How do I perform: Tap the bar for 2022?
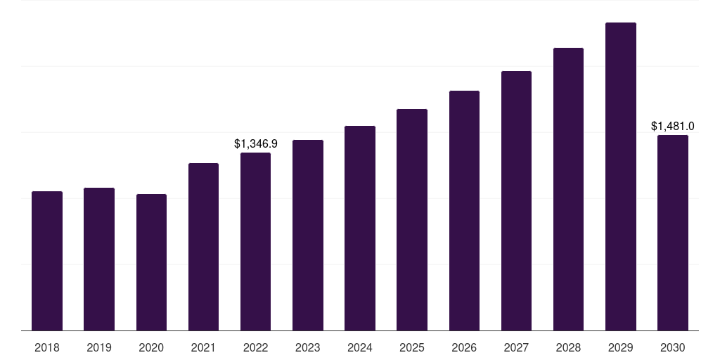tap(255, 241)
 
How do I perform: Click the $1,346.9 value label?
tap(256, 143)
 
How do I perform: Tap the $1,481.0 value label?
tap(673, 127)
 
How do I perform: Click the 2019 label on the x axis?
tap(99, 347)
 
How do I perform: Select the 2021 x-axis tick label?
tap(203, 347)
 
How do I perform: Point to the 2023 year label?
tap(308, 347)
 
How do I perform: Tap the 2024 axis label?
tap(360, 347)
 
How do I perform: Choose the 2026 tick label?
tap(464, 347)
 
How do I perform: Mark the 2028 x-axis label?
tap(568, 347)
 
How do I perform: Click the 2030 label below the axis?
tap(673, 347)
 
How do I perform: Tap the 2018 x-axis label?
tap(47, 347)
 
